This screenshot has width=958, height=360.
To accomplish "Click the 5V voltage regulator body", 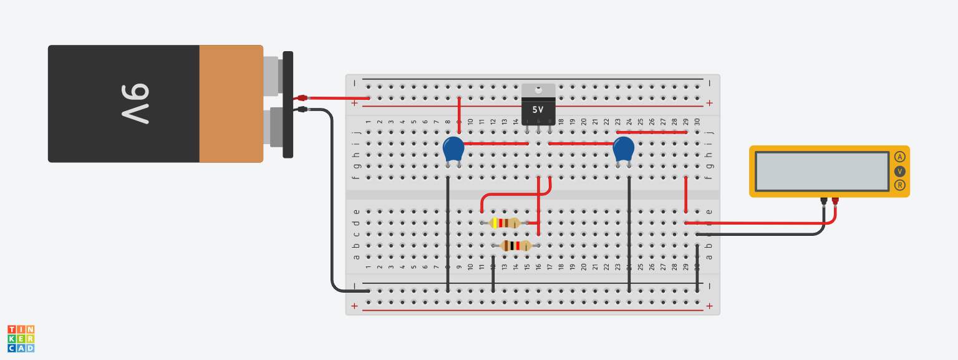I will (538, 110).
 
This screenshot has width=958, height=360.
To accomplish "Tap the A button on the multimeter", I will (899, 157).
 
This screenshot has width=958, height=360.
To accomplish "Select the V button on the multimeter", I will (899, 171).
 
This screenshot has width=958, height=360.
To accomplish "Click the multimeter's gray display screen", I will (822, 171).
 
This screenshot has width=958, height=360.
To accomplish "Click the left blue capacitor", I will (453, 150).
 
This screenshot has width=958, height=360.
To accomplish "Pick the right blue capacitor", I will (623, 150).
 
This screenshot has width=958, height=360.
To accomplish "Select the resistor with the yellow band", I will (505, 223).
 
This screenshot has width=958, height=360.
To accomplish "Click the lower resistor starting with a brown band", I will (516, 246).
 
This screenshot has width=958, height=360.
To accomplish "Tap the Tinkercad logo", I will (21, 338).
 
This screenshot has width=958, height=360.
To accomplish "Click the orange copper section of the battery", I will (231, 104).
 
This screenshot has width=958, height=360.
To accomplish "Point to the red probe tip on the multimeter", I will (835, 201).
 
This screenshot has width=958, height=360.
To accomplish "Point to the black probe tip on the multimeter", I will (824, 201).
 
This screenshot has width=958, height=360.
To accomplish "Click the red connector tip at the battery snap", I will (302, 98).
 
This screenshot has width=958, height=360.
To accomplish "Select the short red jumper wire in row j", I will (651, 132).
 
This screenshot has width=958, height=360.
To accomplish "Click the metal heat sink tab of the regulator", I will (538, 91).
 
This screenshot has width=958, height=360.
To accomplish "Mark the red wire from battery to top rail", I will (340, 98).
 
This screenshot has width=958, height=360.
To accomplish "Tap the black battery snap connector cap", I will (288, 104).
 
